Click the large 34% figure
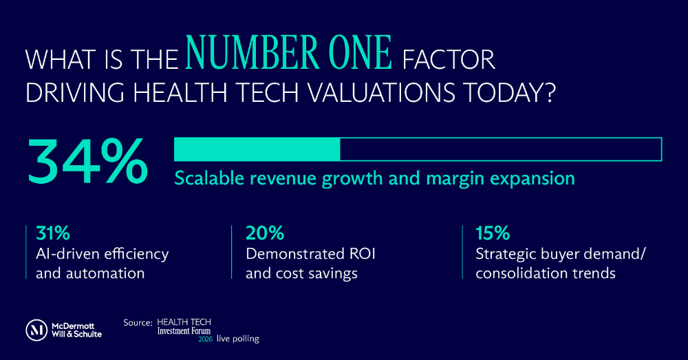point(88,161)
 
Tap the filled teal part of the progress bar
point(257,149)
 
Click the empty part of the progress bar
point(501,149)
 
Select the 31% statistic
point(53,233)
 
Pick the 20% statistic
point(265,233)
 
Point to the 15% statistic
point(493,233)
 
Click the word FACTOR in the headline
point(449,60)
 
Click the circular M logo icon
point(36,330)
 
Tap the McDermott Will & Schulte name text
point(77,330)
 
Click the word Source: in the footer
point(138,323)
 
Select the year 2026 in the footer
point(205,339)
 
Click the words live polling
point(238,339)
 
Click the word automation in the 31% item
point(105,273)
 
